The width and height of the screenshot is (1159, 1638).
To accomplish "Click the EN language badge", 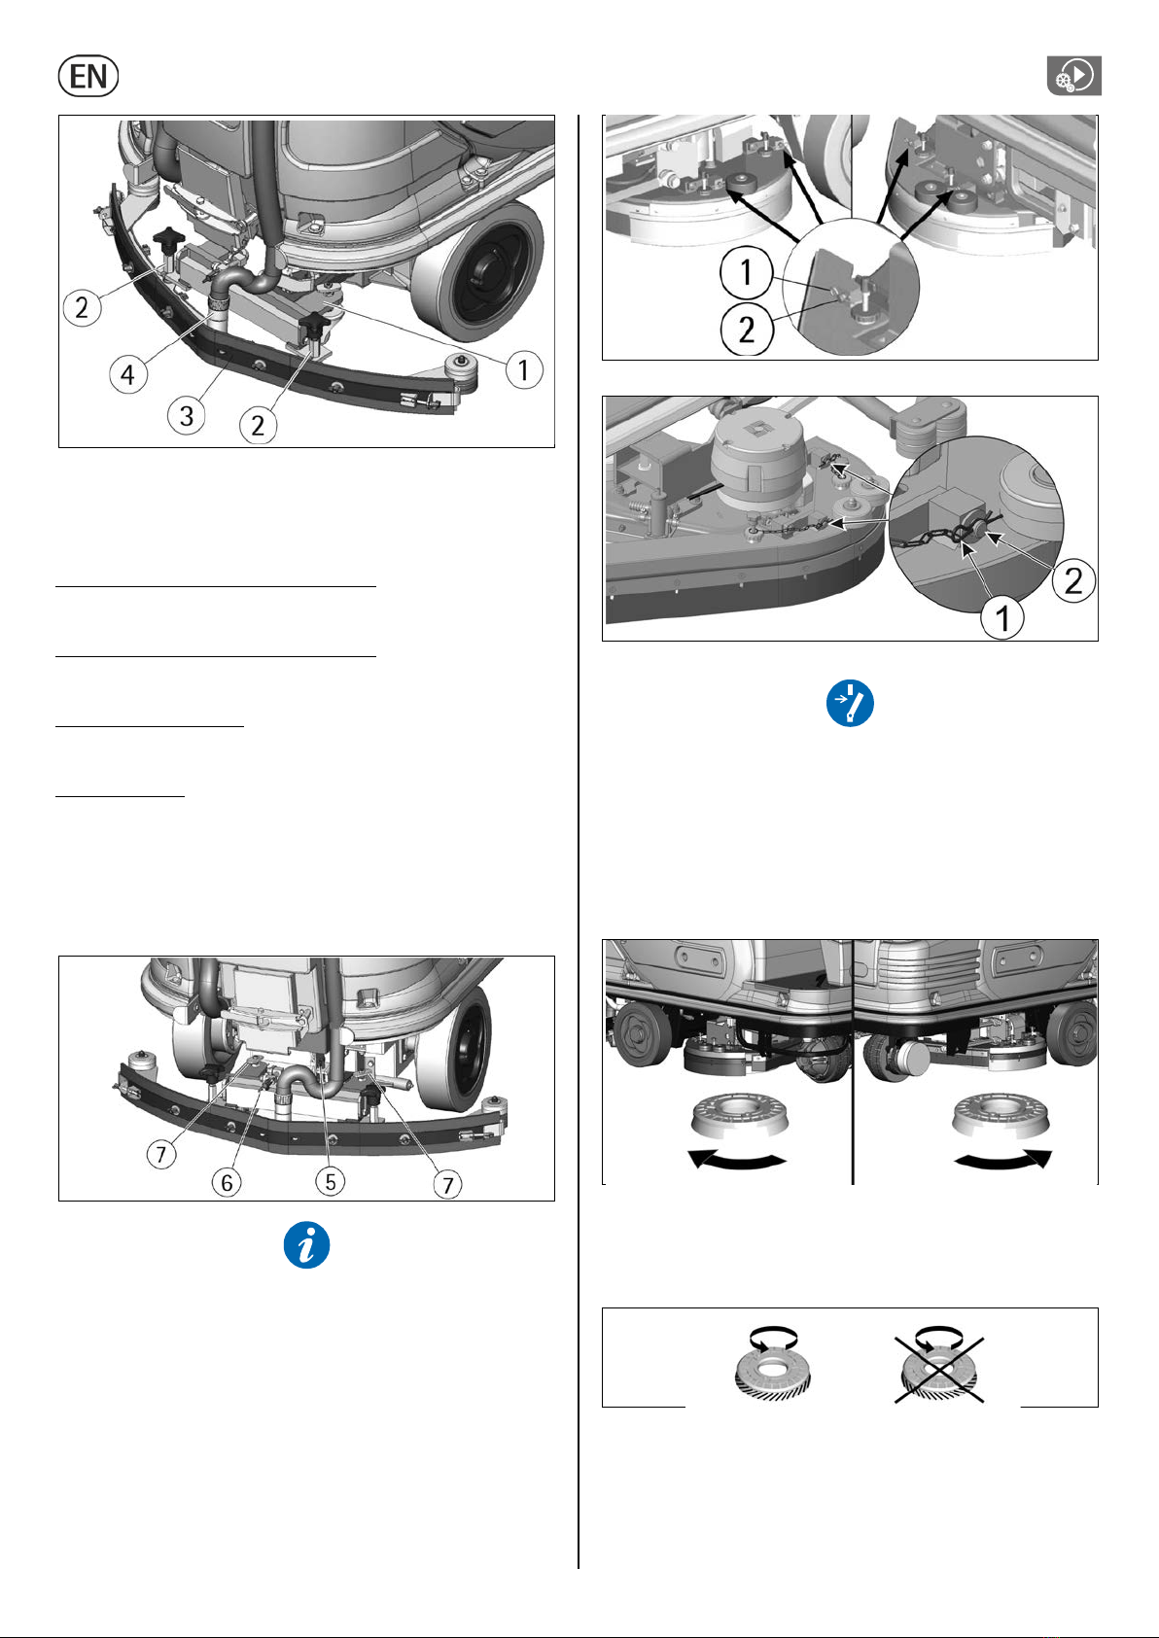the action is (x=88, y=76).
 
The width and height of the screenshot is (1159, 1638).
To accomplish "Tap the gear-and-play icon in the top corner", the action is (x=1073, y=75).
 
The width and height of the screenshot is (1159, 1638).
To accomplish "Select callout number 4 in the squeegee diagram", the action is (x=128, y=374).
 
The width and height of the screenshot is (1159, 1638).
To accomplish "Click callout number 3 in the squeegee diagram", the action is (x=187, y=415).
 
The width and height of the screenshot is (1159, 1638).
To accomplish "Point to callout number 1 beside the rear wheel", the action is (x=523, y=369).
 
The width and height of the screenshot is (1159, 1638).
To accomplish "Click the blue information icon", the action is (x=306, y=1244).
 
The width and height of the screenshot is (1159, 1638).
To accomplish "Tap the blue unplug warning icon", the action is (x=850, y=703).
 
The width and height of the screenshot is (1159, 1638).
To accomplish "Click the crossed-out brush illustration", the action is (x=939, y=1369).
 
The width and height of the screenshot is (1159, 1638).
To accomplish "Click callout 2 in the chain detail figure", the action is (x=1072, y=580).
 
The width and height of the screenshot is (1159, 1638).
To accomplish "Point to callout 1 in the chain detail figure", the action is (x=1001, y=618).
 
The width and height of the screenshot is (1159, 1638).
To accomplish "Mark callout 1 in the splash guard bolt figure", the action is (x=746, y=273).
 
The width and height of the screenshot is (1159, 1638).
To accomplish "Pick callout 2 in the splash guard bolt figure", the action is (x=746, y=330).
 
